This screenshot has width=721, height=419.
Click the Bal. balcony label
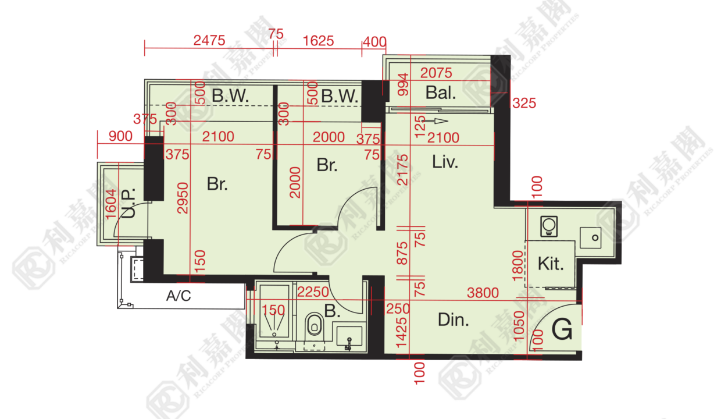[x=441, y=93]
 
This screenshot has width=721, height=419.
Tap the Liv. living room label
[x=445, y=162]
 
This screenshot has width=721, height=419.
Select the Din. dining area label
[x=453, y=320]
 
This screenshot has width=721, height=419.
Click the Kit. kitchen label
[x=551, y=264]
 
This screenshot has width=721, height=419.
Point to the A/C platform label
[x=179, y=295]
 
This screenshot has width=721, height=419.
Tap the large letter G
[x=562, y=329]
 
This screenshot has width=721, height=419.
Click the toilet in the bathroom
[x=315, y=325]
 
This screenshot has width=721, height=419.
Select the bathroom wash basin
[x=349, y=336]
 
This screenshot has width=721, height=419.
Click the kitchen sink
[x=590, y=237]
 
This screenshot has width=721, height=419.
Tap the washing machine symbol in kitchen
[x=549, y=226]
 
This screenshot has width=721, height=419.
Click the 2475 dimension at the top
[x=209, y=41]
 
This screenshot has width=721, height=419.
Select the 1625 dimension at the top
[x=318, y=41]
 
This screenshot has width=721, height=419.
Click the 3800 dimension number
[x=483, y=293]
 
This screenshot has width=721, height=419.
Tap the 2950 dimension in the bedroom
[x=183, y=198]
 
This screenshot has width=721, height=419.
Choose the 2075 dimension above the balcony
[x=436, y=73]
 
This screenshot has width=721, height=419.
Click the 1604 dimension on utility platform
[x=110, y=204]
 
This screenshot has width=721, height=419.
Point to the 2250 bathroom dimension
[x=313, y=292]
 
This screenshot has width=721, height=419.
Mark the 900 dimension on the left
[x=120, y=136]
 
